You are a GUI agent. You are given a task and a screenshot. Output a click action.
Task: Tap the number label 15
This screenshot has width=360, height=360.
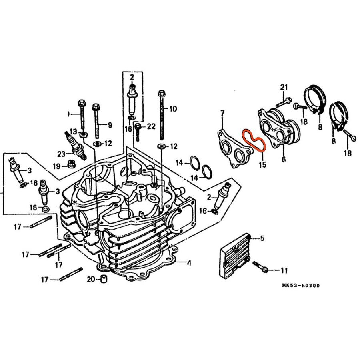(262, 164)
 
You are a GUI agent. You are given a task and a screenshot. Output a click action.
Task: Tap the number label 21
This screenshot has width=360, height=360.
(284, 88)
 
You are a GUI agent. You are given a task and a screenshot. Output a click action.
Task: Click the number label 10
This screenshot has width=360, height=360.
(172, 108)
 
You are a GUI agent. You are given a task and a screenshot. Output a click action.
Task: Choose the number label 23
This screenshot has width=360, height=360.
(61, 154)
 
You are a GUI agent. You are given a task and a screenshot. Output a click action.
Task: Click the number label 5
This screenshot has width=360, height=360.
(262, 239)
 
